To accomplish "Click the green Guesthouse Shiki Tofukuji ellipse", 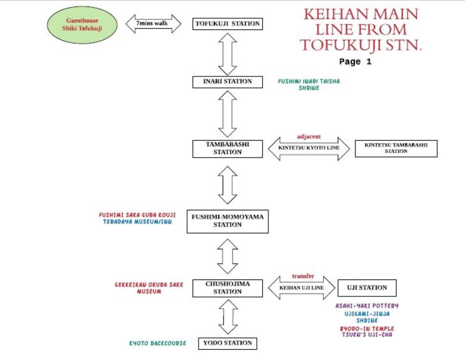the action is click(x=82, y=25).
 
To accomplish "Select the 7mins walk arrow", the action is click(x=154, y=24).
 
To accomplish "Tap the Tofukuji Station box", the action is click(x=228, y=24).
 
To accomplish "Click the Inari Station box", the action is click(x=228, y=82).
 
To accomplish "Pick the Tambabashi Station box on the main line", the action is click(x=228, y=148).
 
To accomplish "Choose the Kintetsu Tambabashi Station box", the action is click(x=396, y=148).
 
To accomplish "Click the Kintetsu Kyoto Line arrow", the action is click(x=309, y=148).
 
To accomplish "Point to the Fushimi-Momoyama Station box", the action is click(x=228, y=221).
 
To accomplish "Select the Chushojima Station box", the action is click(x=228, y=288).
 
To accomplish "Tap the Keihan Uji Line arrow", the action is click(x=302, y=288).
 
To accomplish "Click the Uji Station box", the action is click(x=367, y=288).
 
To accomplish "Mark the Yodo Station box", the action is click(x=228, y=343).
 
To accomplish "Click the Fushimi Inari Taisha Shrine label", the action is click(x=309, y=84).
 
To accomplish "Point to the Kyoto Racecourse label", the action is click(x=158, y=343).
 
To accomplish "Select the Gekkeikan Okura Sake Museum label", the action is click(x=149, y=288).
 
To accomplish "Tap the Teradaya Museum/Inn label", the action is click(x=138, y=222).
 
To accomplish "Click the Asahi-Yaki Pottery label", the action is click(x=367, y=306).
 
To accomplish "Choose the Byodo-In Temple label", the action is click(x=367, y=329).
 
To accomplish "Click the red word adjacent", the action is click(x=309, y=137).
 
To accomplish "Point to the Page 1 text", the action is click(x=355, y=61).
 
